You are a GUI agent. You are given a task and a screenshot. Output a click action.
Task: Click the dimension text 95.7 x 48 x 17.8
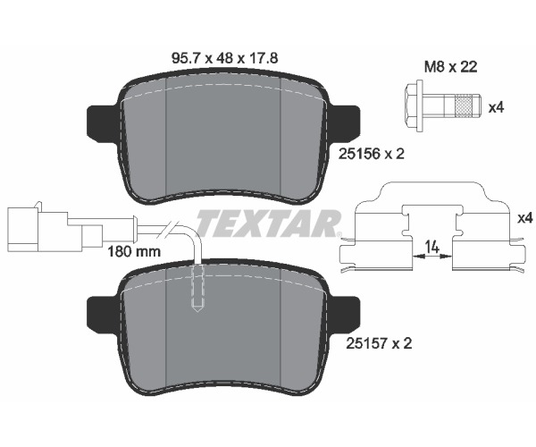pos(224,58)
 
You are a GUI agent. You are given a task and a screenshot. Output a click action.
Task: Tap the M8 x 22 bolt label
pos(450,67)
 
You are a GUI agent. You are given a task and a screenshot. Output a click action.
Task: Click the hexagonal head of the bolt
pos(414,105)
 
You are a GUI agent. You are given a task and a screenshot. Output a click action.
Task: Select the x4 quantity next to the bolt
pos(497,108)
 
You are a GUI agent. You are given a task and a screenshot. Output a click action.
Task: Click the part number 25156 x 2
pos(372,154)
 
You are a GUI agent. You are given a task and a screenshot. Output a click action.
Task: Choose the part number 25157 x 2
pos(379,343)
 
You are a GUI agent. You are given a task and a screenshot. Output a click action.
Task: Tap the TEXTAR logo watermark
pos(268,223)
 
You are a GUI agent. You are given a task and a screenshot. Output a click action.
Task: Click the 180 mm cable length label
pos(134,252)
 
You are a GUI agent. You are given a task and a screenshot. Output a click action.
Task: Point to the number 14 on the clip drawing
pos(432,246)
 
